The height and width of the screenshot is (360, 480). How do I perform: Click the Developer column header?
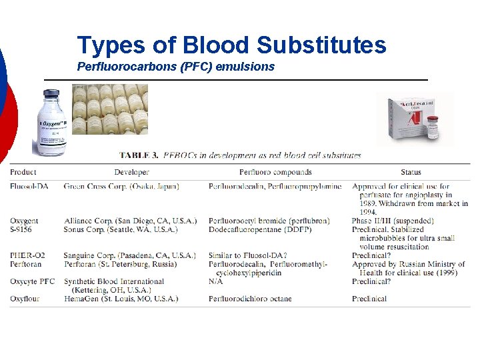(x=131, y=172)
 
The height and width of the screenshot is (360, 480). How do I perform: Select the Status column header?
(x=411, y=172)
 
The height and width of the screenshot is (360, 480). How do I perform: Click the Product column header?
(x=23, y=172)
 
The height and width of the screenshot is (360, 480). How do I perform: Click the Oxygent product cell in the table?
(x=25, y=221)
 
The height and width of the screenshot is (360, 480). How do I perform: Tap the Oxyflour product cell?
(x=25, y=299)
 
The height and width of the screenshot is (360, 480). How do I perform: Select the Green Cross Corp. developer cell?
(x=121, y=187)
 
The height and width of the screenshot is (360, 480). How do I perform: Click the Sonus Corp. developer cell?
(x=121, y=229)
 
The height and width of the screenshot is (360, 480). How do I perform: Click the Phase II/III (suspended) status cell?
(x=393, y=221)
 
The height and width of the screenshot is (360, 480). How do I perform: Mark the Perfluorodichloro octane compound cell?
(x=250, y=299)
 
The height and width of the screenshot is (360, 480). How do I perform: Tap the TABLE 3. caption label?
(x=139, y=155)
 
